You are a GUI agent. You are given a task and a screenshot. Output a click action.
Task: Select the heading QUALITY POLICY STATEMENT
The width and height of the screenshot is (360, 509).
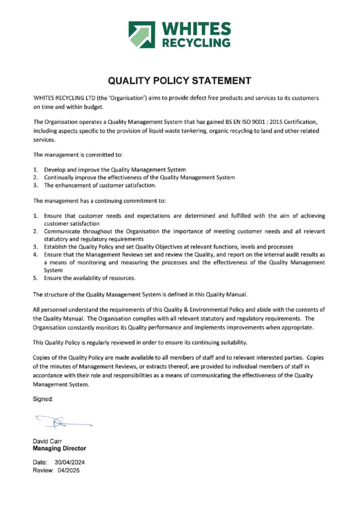180,81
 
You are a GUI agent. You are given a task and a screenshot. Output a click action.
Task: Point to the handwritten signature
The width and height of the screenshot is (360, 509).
63,423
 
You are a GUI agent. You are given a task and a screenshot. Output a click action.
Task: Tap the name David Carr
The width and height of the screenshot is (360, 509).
47,441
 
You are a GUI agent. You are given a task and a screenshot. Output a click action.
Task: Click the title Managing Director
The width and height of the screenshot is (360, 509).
59,448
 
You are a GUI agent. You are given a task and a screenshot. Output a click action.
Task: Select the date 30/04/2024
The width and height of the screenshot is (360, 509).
67,462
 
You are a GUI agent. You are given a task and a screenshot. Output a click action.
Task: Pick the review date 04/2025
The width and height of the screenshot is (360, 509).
68,470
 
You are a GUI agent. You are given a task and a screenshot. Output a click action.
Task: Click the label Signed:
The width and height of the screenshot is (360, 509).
43,399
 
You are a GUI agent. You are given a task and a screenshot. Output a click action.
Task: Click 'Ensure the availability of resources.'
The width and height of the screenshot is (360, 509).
90,278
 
